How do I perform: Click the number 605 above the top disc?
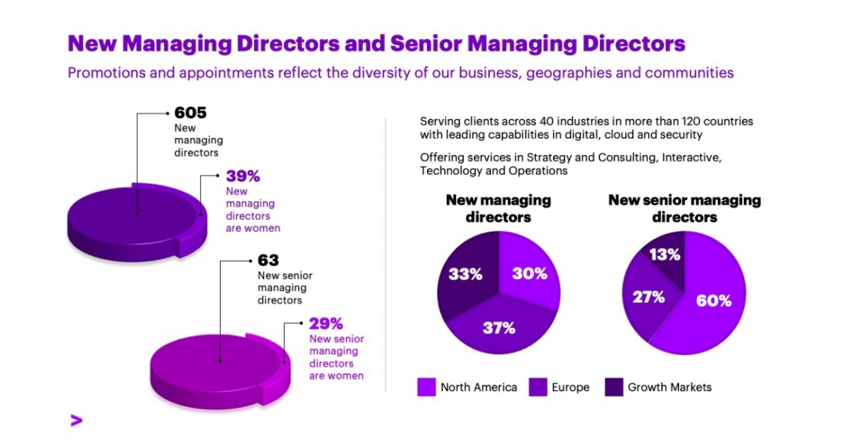pyautogui.click(x=190, y=113)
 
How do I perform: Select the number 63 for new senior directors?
pyautogui.click(x=268, y=260)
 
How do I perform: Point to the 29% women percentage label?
pyautogui.click(x=326, y=323)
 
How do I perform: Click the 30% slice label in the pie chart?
pyautogui.click(x=529, y=273)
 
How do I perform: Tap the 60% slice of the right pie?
pyautogui.click(x=714, y=300)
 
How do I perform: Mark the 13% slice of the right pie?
pyautogui.click(x=664, y=255)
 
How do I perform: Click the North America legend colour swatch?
pyautogui.click(x=426, y=388)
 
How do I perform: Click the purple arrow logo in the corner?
pyautogui.click(x=76, y=420)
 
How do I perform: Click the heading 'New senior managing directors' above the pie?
pyautogui.click(x=684, y=208)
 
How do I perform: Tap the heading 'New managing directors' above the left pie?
pyautogui.click(x=498, y=208)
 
